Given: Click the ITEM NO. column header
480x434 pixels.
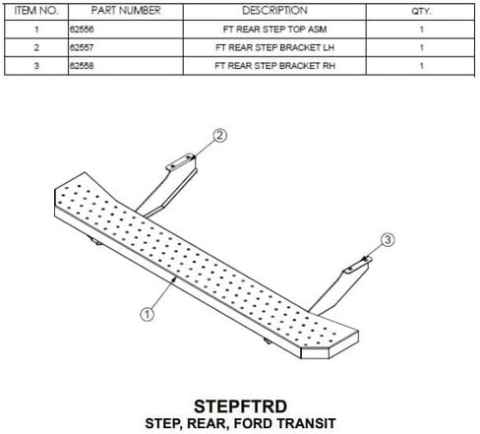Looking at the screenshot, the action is coord(36,11).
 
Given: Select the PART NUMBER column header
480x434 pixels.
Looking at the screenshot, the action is coord(126,11).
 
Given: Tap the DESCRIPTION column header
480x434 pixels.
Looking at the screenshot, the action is coord(274,11).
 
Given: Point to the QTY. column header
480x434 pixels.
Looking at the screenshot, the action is coord(422,11).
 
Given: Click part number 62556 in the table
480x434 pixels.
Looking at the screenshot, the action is coord(82,30).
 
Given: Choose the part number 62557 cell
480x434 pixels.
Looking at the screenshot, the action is coord(82,47).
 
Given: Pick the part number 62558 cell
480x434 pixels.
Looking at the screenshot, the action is coord(82,66).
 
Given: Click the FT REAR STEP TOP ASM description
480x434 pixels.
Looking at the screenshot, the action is coord(274,30).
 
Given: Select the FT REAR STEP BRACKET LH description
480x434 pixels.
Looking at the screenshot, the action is coord(274,47).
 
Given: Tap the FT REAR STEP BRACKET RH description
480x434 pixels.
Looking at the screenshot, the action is coord(274,66).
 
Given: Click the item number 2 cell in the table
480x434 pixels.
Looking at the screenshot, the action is coord(36,47).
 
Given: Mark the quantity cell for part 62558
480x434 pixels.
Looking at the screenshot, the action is coord(422,66).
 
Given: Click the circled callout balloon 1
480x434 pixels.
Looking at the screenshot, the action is coord(148,314).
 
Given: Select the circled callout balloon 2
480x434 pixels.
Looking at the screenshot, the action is coord(219,135).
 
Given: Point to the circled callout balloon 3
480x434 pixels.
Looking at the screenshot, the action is coord(388,239).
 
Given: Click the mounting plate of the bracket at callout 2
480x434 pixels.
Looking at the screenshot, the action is coord(181,161).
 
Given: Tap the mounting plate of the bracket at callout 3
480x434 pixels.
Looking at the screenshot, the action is coord(357,266).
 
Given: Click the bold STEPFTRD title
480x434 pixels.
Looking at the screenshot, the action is coord(240,406).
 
